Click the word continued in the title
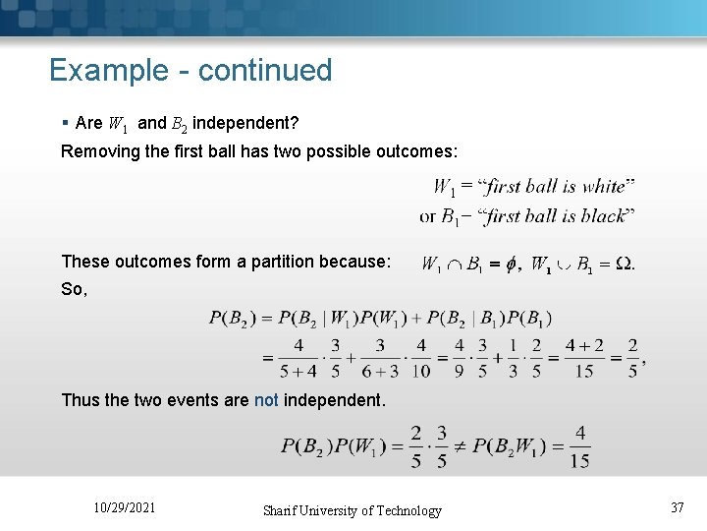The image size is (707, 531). [x=265, y=71]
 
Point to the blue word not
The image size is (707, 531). [x=266, y=400]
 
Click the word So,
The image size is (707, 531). [x=74, y=289]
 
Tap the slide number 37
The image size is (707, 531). [x=677, y=507]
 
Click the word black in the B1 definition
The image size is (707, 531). [x=601, y=215]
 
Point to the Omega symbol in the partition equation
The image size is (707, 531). [x=623, y=264]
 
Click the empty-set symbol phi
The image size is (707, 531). [x=509, y=264]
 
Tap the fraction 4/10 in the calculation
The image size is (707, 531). [x=421, y=359]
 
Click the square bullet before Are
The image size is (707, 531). [x=64, y=123]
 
